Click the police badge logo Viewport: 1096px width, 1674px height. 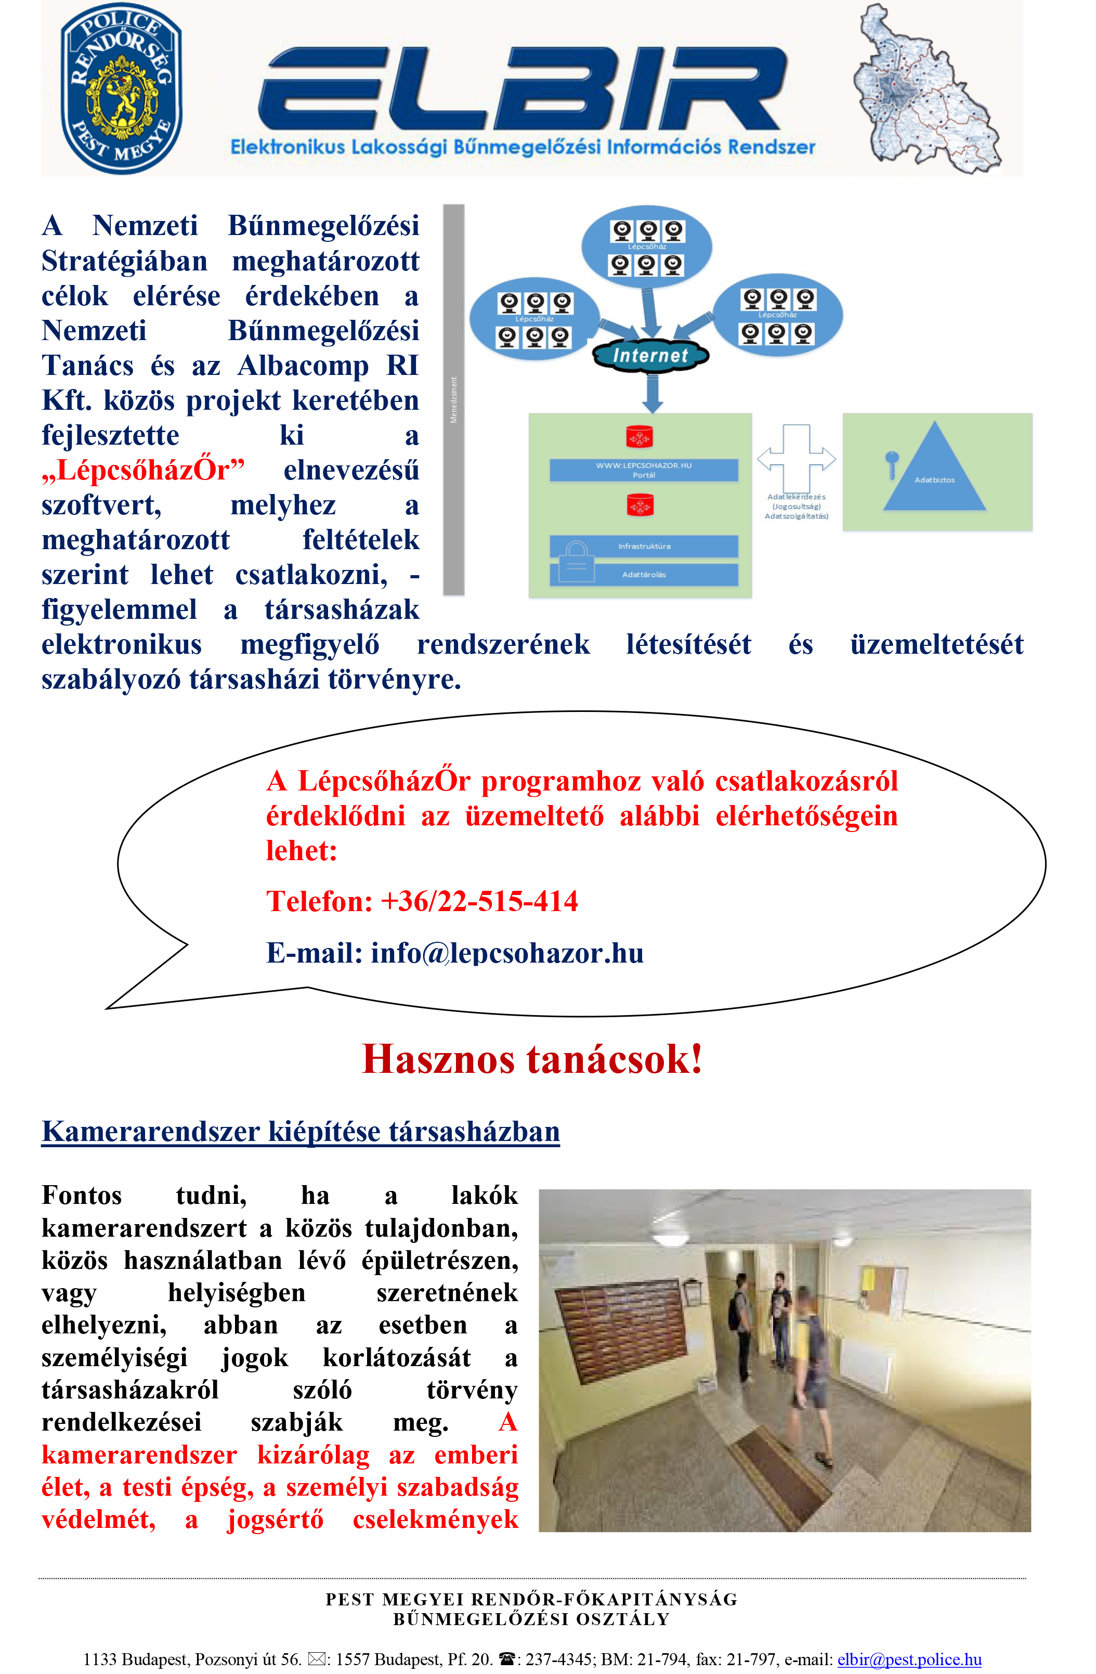[x=121, y=88]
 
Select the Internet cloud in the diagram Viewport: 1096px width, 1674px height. [x=650, y=356]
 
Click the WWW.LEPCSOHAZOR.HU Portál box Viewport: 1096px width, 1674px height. [x=643, y=470]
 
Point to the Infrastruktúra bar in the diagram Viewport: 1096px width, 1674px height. [x=643, y=546]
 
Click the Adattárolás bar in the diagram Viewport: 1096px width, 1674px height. [x=643, y=575]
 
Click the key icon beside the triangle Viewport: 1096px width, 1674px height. [x=892, y=463]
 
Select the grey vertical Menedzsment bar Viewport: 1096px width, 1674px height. [x=453, y=399]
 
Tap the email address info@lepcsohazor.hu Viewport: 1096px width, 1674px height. [x=507, y=953]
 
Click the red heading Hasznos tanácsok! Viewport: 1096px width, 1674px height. [x=532, y=1059]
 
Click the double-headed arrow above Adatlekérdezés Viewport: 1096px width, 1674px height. [x=797, y=459]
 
